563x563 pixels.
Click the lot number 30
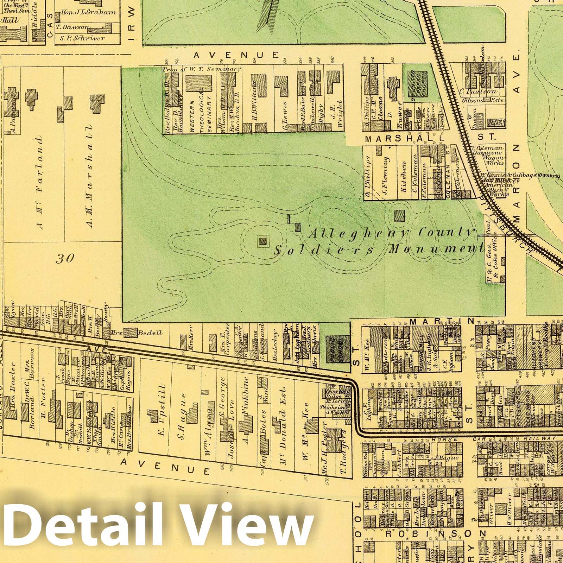(x=65, y=259)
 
